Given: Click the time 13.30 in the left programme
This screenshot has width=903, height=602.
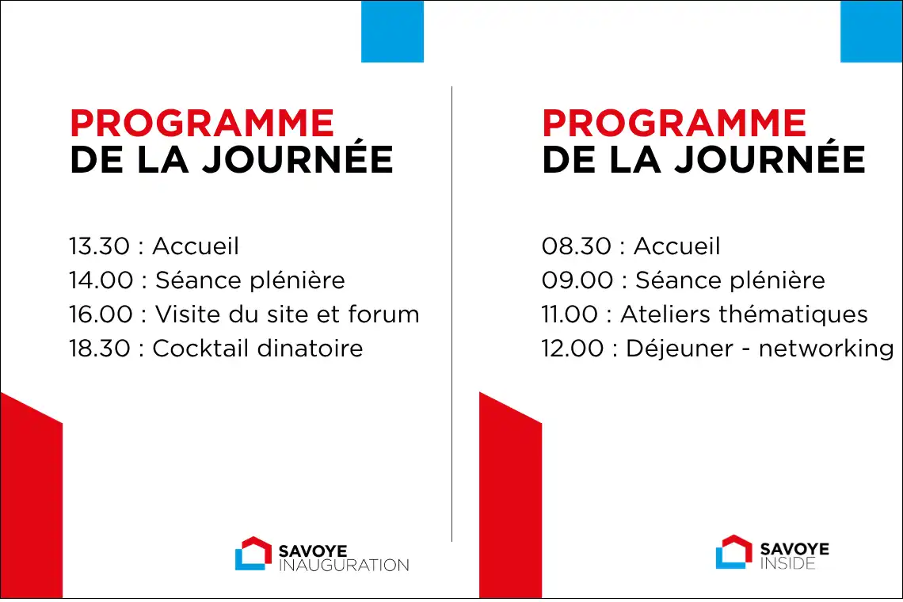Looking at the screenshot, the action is [x=99, y=246].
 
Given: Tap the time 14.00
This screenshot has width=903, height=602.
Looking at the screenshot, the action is [x=101, y=280].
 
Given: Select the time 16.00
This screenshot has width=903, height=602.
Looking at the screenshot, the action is [x=101, y=314].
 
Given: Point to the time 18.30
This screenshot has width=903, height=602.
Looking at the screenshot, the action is [x=99, y=349].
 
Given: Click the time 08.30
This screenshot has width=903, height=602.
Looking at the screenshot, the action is [x=576, y=246].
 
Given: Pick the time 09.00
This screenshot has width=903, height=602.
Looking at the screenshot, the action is [x=577, y=280].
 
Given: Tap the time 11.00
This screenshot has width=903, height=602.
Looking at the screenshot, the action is [x=570, y=314].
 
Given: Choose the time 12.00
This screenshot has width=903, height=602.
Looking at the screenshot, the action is [x=573, y=349].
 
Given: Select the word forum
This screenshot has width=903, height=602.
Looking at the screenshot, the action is [x=383, y=314].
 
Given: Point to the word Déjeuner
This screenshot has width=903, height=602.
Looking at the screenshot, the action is [x=672, y=349].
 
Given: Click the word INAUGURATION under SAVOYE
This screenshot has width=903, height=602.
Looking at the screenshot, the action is [x=344, y=566].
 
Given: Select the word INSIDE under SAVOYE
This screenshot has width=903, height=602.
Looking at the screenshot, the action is [x=787, y=563].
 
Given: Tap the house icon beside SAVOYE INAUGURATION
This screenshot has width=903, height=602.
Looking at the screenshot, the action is [x=253, y=554].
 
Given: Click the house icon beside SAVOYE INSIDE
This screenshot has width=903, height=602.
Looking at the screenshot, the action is [x=733, y=552].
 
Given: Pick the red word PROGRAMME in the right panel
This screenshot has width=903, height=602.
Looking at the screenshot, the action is [x=674, y=124].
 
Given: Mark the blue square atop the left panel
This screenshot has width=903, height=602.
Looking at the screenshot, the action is [x=392, y=31].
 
